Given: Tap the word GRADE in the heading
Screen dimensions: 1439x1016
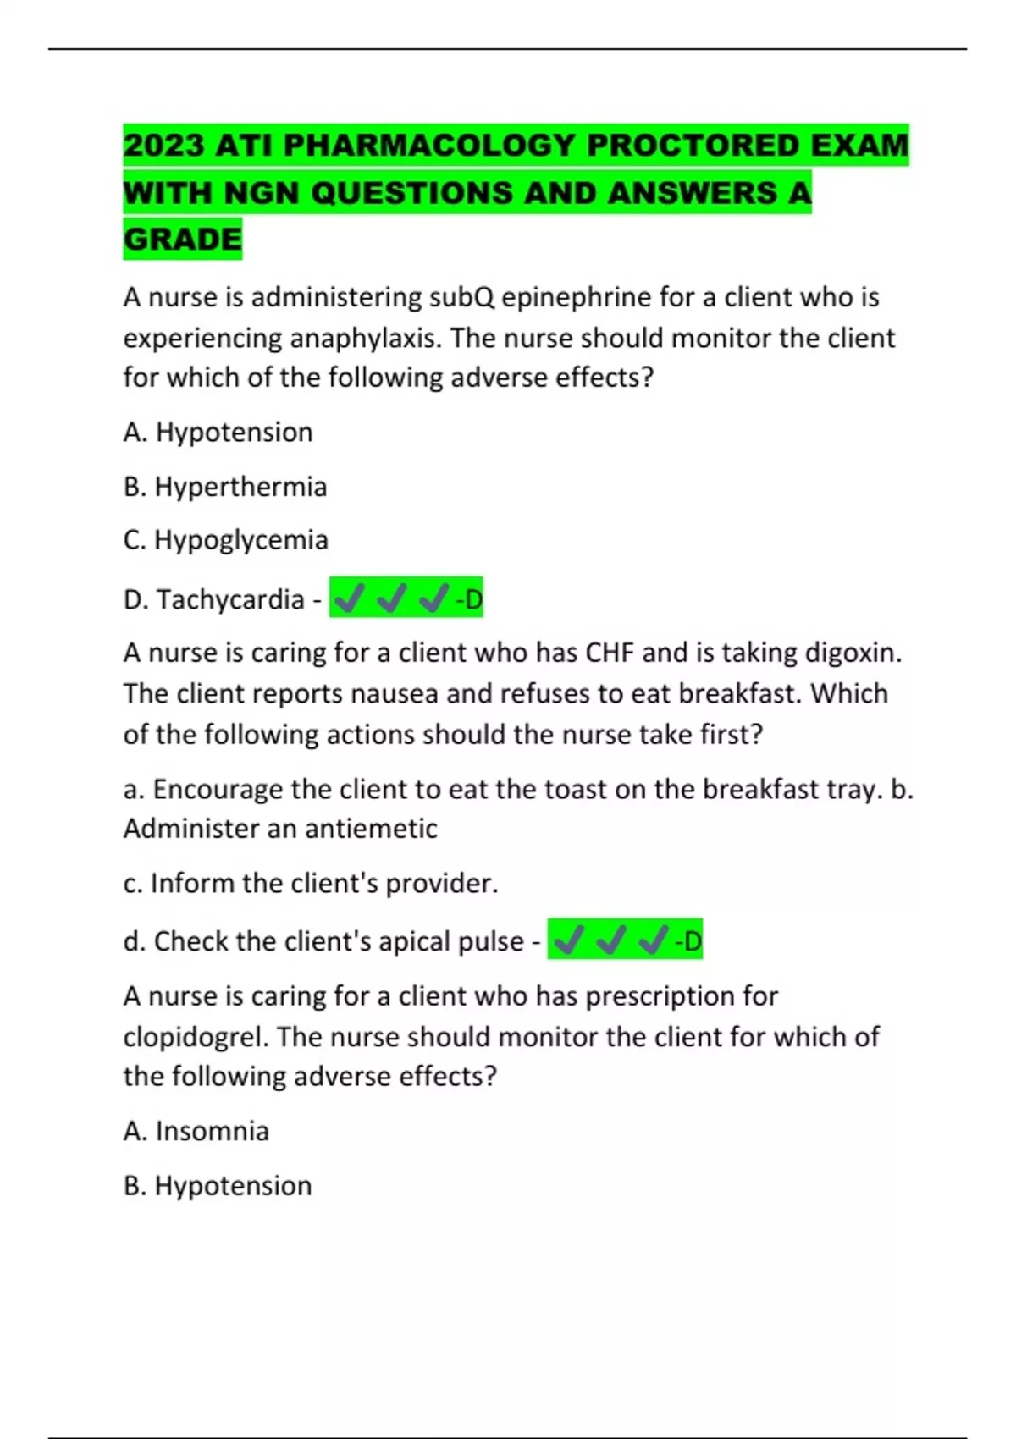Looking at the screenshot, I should tap(183, 240).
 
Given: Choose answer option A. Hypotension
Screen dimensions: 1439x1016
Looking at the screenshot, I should tap(218, 433).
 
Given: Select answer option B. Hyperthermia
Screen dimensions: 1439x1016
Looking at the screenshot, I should tap(225, 487).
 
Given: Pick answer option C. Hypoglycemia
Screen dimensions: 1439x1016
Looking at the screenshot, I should tap(226, 540).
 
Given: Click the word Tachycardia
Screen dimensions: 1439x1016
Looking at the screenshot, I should tap(230, 600).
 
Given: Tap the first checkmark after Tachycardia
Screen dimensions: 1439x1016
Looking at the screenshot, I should tap(349, 600).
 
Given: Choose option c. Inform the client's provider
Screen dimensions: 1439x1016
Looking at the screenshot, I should tap(311, 884).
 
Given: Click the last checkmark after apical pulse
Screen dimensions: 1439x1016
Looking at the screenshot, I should tap(654, 940).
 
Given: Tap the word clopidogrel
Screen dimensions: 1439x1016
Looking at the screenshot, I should tap(195, 1037).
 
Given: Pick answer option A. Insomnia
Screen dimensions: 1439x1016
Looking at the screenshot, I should tap(196, 1132).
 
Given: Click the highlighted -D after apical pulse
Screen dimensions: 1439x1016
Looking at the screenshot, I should tap(688, 941).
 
